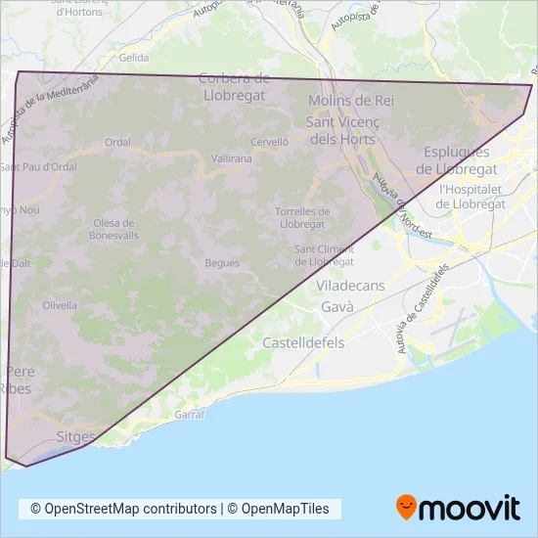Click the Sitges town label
(x=75, y=437)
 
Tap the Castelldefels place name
(x=303, y=343)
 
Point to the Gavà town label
(x=336, y=306)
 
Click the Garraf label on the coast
(x=189, y=415)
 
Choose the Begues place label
(x=222, y=262)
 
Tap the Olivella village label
(x=60, y=305)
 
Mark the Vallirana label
(x=231, y=157)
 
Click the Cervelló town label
(x=269, y=142)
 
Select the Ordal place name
(x=117, y=142)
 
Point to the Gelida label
(x=134, y=59)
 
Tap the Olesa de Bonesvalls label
(x=113, y=229)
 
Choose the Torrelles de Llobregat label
(x=300, y=217)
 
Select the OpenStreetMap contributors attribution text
(x=124, y=509)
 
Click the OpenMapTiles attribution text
(x=286, y=509)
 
